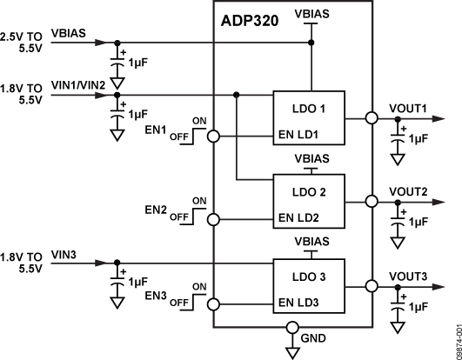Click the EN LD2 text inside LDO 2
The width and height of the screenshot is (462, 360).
298,217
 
